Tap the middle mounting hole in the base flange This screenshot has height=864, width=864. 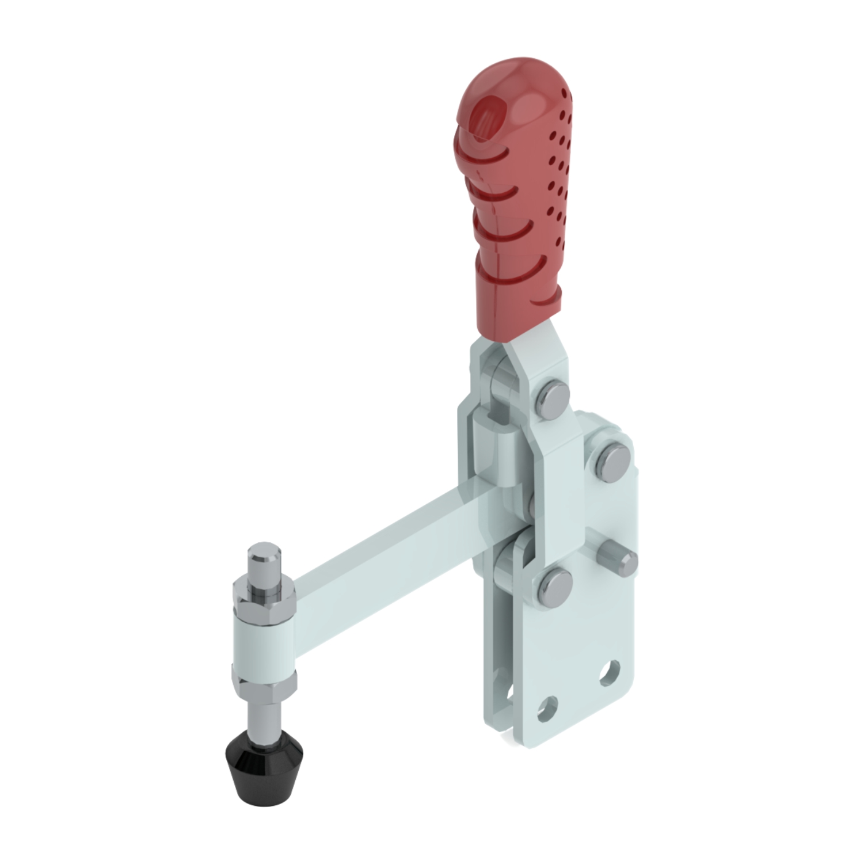pyautogui.click(x=547, y=709)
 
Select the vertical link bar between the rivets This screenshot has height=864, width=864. pyautogui.click(x=558, y=489)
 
